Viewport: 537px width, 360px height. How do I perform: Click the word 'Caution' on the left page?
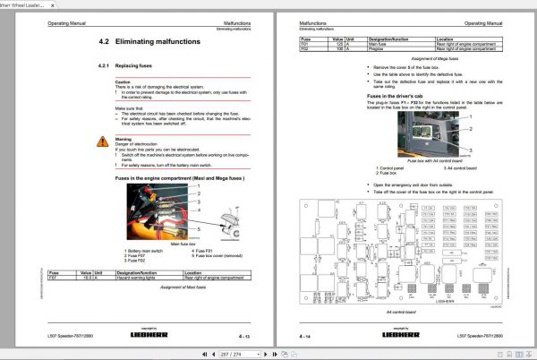(x=123, y=81)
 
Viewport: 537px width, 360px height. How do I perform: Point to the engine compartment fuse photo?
(x=166, y=213)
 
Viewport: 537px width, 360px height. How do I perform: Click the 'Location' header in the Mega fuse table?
(x=448, y=39)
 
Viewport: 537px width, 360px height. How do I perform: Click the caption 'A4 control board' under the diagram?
(x=400, y=310)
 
